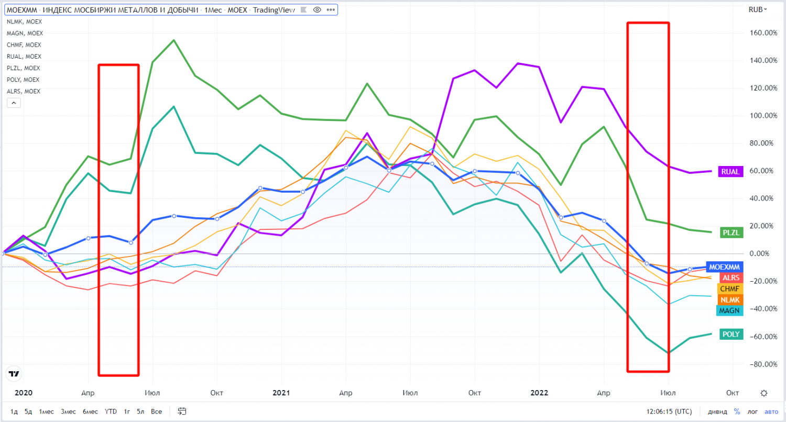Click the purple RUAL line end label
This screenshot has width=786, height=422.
tap(730, 171)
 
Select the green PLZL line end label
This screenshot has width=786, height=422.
tap(730, 233)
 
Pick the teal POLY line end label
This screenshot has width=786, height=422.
tap(730, 334)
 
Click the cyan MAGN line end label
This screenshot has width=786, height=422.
tap(729, 310)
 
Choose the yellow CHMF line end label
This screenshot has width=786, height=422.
tap(729, 288)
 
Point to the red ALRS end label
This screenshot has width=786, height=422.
tap(730, 277)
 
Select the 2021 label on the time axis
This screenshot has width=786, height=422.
tap(281, 393)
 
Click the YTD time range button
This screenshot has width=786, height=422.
tap(111, 411)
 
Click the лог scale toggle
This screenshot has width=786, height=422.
tap(752, 411)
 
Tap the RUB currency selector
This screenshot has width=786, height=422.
tap(757, 9)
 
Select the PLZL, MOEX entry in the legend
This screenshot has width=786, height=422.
tap(24, 68)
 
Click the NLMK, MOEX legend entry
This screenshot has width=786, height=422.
tap(24, 21)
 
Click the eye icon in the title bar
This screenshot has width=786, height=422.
tap(317, 9)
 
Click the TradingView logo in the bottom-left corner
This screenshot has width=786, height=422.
tap(14, 373)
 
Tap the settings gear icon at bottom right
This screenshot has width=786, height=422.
tap(764, 393)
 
